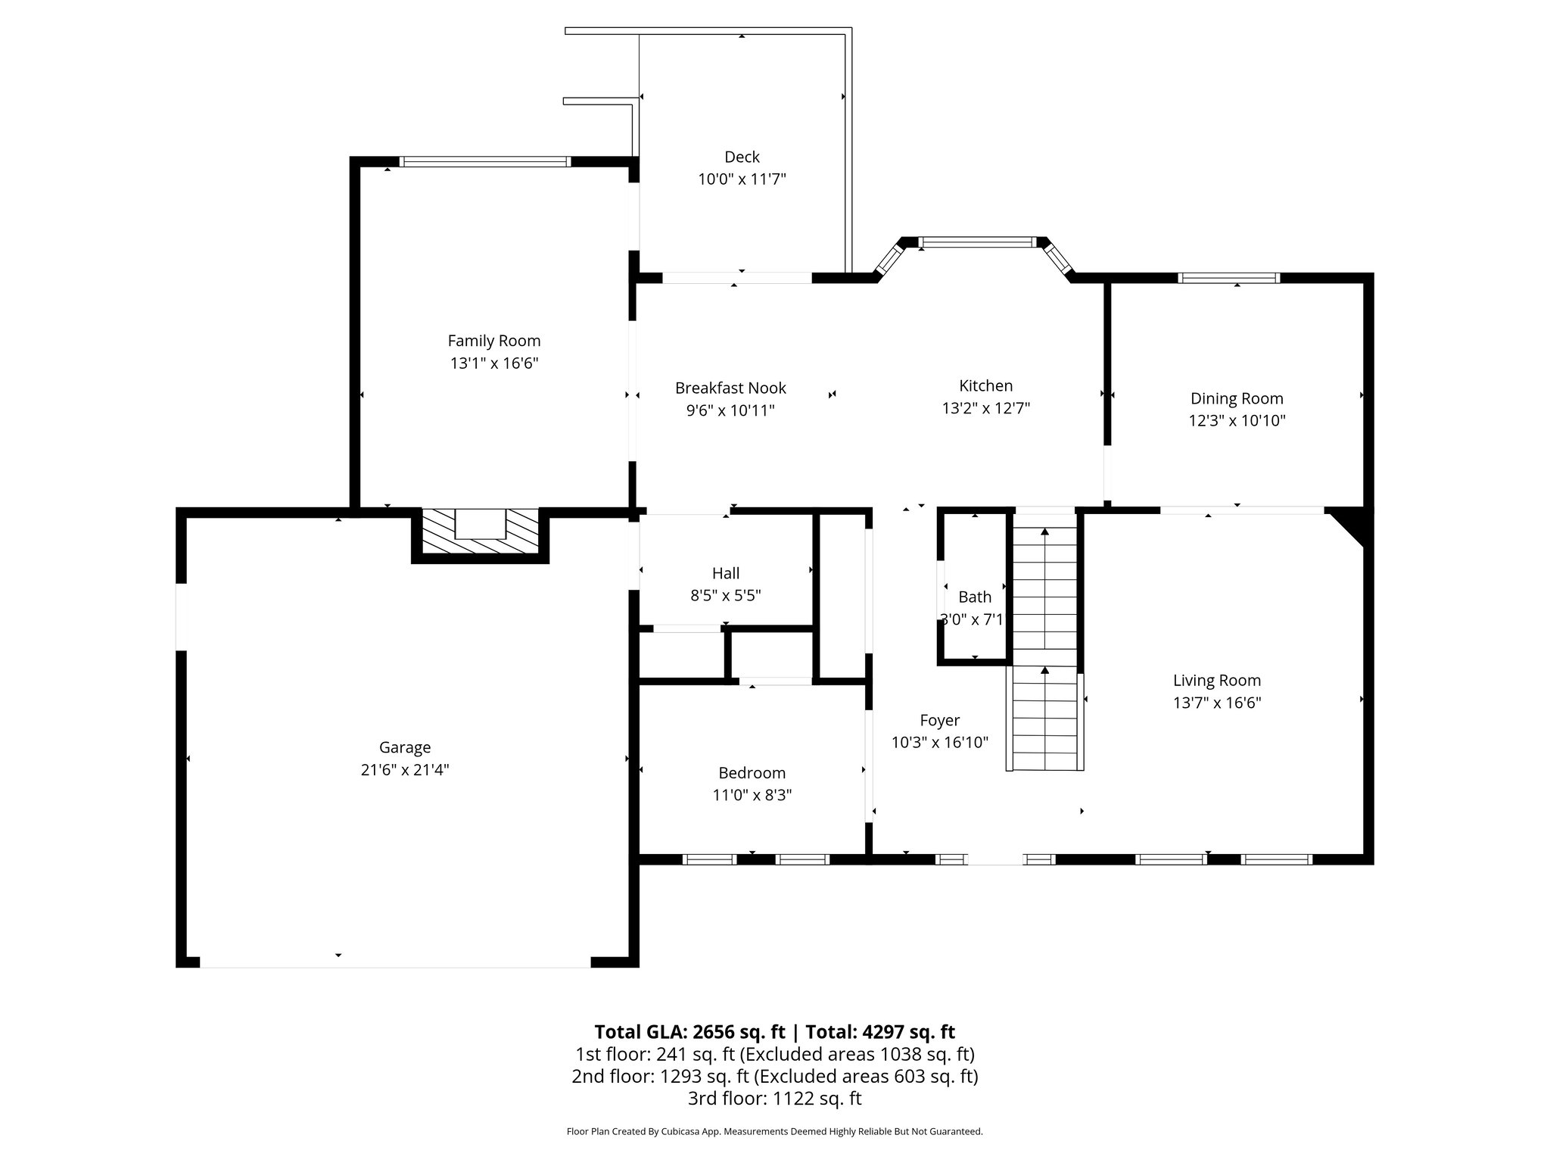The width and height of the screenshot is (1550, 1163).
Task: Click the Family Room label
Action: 493,341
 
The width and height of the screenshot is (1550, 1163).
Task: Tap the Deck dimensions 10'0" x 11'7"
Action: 742,179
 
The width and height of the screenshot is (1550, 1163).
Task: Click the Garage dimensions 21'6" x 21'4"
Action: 405,770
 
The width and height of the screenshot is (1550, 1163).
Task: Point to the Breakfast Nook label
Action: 730,388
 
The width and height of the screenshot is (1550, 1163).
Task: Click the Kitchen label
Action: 985,385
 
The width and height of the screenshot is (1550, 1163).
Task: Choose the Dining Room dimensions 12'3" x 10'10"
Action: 1237,421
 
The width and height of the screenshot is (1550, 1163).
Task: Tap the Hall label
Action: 725,573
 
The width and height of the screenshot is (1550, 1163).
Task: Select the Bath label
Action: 974,597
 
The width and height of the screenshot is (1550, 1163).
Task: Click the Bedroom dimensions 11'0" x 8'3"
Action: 752,795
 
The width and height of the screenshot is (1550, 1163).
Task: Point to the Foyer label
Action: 939,720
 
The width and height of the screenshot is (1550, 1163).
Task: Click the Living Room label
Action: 1216,680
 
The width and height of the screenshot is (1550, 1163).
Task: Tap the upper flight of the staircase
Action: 1044,587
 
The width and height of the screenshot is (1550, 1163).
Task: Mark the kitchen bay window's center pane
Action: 976,243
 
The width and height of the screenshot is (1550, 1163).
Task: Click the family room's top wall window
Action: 484,161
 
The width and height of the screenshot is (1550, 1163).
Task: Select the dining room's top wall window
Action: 1228,278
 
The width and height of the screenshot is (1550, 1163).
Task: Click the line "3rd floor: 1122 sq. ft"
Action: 774,1099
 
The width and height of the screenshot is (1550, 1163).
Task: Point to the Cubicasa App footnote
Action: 774,1132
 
